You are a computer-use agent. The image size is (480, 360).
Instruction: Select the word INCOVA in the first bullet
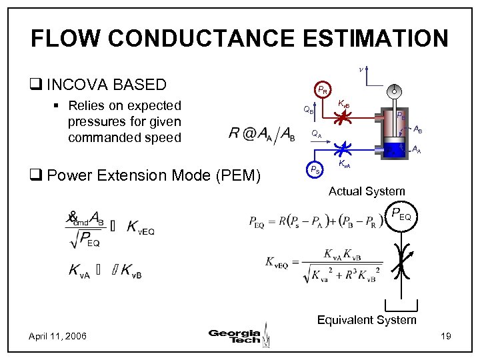tap(81, 85)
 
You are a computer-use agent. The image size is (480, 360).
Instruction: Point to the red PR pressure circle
tap(322, 89)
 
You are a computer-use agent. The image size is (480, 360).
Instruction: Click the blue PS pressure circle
tap(314, 169)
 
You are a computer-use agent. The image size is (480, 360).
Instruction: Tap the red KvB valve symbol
tap(343, 119)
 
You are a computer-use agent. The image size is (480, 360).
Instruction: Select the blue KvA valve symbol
tap(344, 148)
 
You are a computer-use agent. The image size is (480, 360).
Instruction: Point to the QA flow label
tap(317, 134)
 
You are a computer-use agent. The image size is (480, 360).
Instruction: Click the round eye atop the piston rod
tap(395, 91)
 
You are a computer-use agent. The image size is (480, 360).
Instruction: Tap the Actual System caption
tap(367, 191)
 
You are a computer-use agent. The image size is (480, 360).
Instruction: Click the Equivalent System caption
tap(367, 320)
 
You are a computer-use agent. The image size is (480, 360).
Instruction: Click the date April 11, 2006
tap(57, 335)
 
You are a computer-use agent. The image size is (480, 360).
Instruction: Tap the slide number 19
tap(446, 335)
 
